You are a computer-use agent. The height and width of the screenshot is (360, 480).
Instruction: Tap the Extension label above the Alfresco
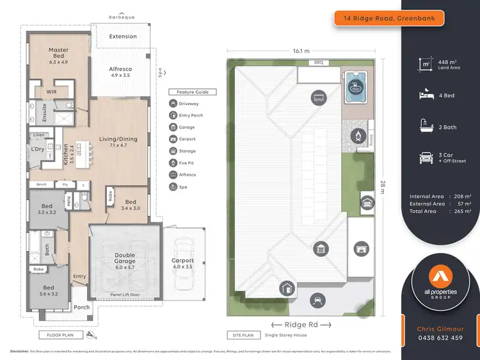pos(123,37)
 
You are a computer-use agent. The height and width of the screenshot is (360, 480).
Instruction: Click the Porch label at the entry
pos(82,307)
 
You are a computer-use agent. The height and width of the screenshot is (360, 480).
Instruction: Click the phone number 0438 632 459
pos(440,338)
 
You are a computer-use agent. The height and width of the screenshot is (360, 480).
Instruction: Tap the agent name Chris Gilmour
pos(440,328)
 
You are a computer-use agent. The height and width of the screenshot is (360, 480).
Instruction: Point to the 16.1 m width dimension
pos(301,51)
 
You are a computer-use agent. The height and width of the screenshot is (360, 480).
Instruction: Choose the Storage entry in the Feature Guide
pos(187,151)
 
